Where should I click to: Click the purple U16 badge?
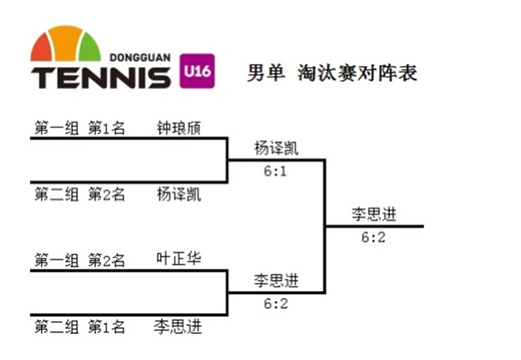click(196, 70)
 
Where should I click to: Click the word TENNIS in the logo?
click(101, 77)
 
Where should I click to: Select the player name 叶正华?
click(179, 259)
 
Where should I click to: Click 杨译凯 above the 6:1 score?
click(276, 148)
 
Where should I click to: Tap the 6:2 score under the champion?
click(374, 238)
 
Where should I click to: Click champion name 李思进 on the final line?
click(374, 214)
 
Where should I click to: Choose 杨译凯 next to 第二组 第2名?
click(179, 194)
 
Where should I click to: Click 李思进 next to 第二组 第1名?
click(178, 325)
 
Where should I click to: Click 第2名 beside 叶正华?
click(106, 260)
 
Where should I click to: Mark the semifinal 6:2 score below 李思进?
click(276, 303)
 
